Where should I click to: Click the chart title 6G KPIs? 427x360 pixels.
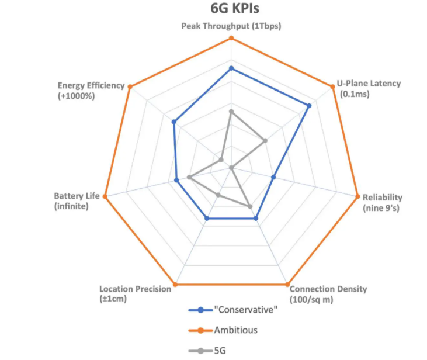click(231, 10)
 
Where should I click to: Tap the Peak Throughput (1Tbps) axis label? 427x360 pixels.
click(231, 26)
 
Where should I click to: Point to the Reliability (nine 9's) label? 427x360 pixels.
click(382, 202)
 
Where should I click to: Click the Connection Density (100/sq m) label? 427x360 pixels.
click(328, 293)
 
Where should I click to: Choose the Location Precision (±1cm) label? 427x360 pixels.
click(135, 293)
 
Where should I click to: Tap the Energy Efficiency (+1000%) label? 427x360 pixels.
click(91, 90)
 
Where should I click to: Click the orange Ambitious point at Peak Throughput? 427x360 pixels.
click(231, 39)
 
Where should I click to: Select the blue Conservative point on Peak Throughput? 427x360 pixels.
click(231, 68)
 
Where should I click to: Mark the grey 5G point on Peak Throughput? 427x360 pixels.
click(231, 111)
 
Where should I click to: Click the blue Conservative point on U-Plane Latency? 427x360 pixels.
click(309, 106)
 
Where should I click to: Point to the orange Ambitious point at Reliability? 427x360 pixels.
click(357, 196)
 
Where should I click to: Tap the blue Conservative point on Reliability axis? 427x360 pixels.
click(273, 177)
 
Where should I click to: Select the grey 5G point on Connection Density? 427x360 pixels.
click(250, 206)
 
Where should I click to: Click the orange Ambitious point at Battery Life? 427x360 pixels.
click(105, 196)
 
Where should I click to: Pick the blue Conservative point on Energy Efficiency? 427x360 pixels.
click(173, 122)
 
